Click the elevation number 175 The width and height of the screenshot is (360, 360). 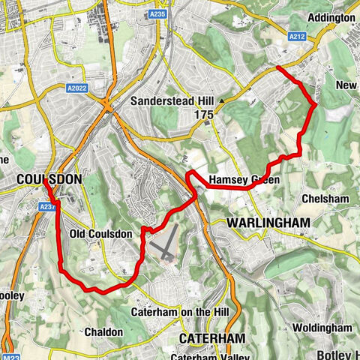pos(204,115)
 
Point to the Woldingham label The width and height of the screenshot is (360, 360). pos(322,328)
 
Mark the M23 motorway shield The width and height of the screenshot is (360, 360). pos(10,355)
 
